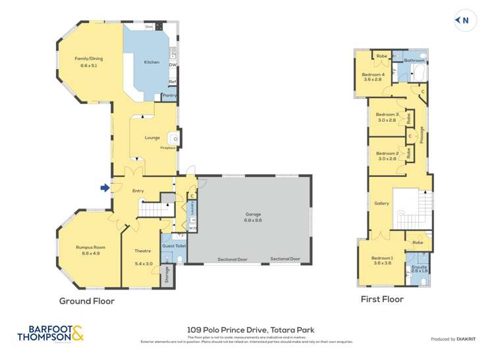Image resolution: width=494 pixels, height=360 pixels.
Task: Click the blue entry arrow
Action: click(105, 188)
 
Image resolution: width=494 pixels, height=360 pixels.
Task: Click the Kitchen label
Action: click(151, 63)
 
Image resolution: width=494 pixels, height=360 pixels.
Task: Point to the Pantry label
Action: click(170, 95)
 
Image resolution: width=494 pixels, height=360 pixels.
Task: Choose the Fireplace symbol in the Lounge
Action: click(173, 138)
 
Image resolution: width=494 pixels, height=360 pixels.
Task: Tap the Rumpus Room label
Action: click(90, 249)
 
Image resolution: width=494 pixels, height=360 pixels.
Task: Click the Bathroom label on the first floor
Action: click(414, 61)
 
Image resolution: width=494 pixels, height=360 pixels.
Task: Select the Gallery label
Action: click(381, 203)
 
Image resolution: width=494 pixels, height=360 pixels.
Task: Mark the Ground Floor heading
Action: click(87, 301)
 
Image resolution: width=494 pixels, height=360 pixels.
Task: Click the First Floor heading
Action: click(382, 299)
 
